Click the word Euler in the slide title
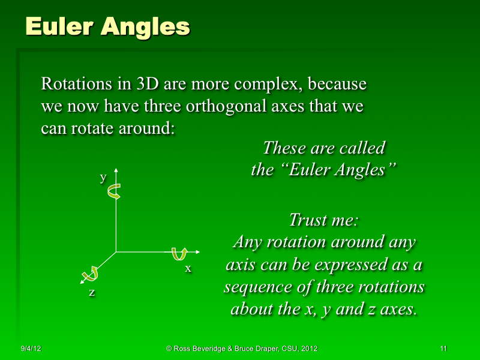coord(58,26)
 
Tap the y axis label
coord(103,178)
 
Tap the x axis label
coord(188,269)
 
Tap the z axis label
coord(92,293)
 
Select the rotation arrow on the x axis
coord(179,254)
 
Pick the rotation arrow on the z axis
coord(91,274)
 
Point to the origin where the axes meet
coord(116,252)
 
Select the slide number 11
coord(443,349)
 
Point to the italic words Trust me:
coord(323,220)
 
